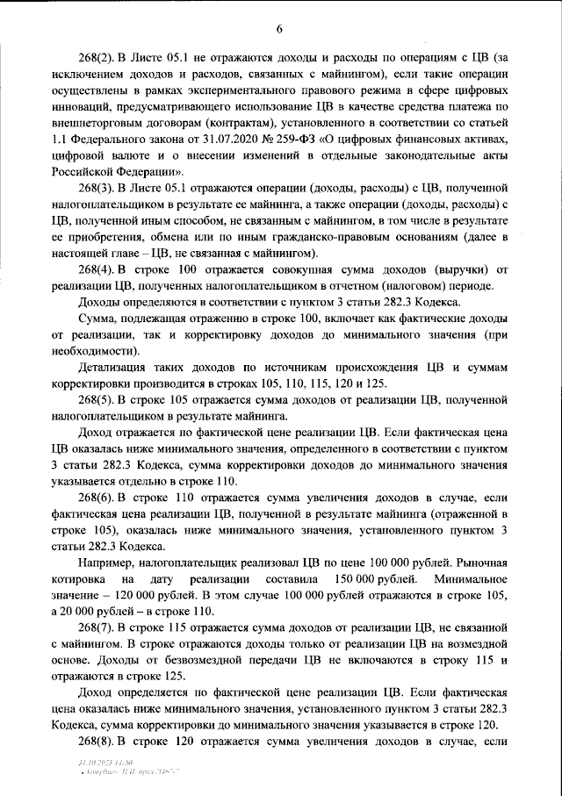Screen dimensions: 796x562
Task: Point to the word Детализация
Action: coord(118,367)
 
